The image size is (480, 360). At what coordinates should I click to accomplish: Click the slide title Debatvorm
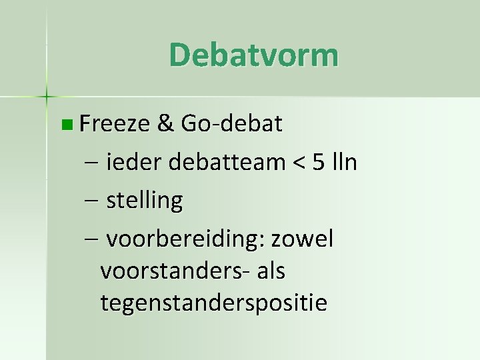pos(253,55)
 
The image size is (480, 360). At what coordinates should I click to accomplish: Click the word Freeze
pos(115,123)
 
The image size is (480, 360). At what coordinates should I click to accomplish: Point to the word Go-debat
pos(231,123)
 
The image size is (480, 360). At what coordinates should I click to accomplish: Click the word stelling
pos(144,201)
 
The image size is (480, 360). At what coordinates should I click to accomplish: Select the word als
pos(271,271)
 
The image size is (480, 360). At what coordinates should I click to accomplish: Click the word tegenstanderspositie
pos(213,303)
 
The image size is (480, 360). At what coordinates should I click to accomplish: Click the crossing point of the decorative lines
pos(47,97)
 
